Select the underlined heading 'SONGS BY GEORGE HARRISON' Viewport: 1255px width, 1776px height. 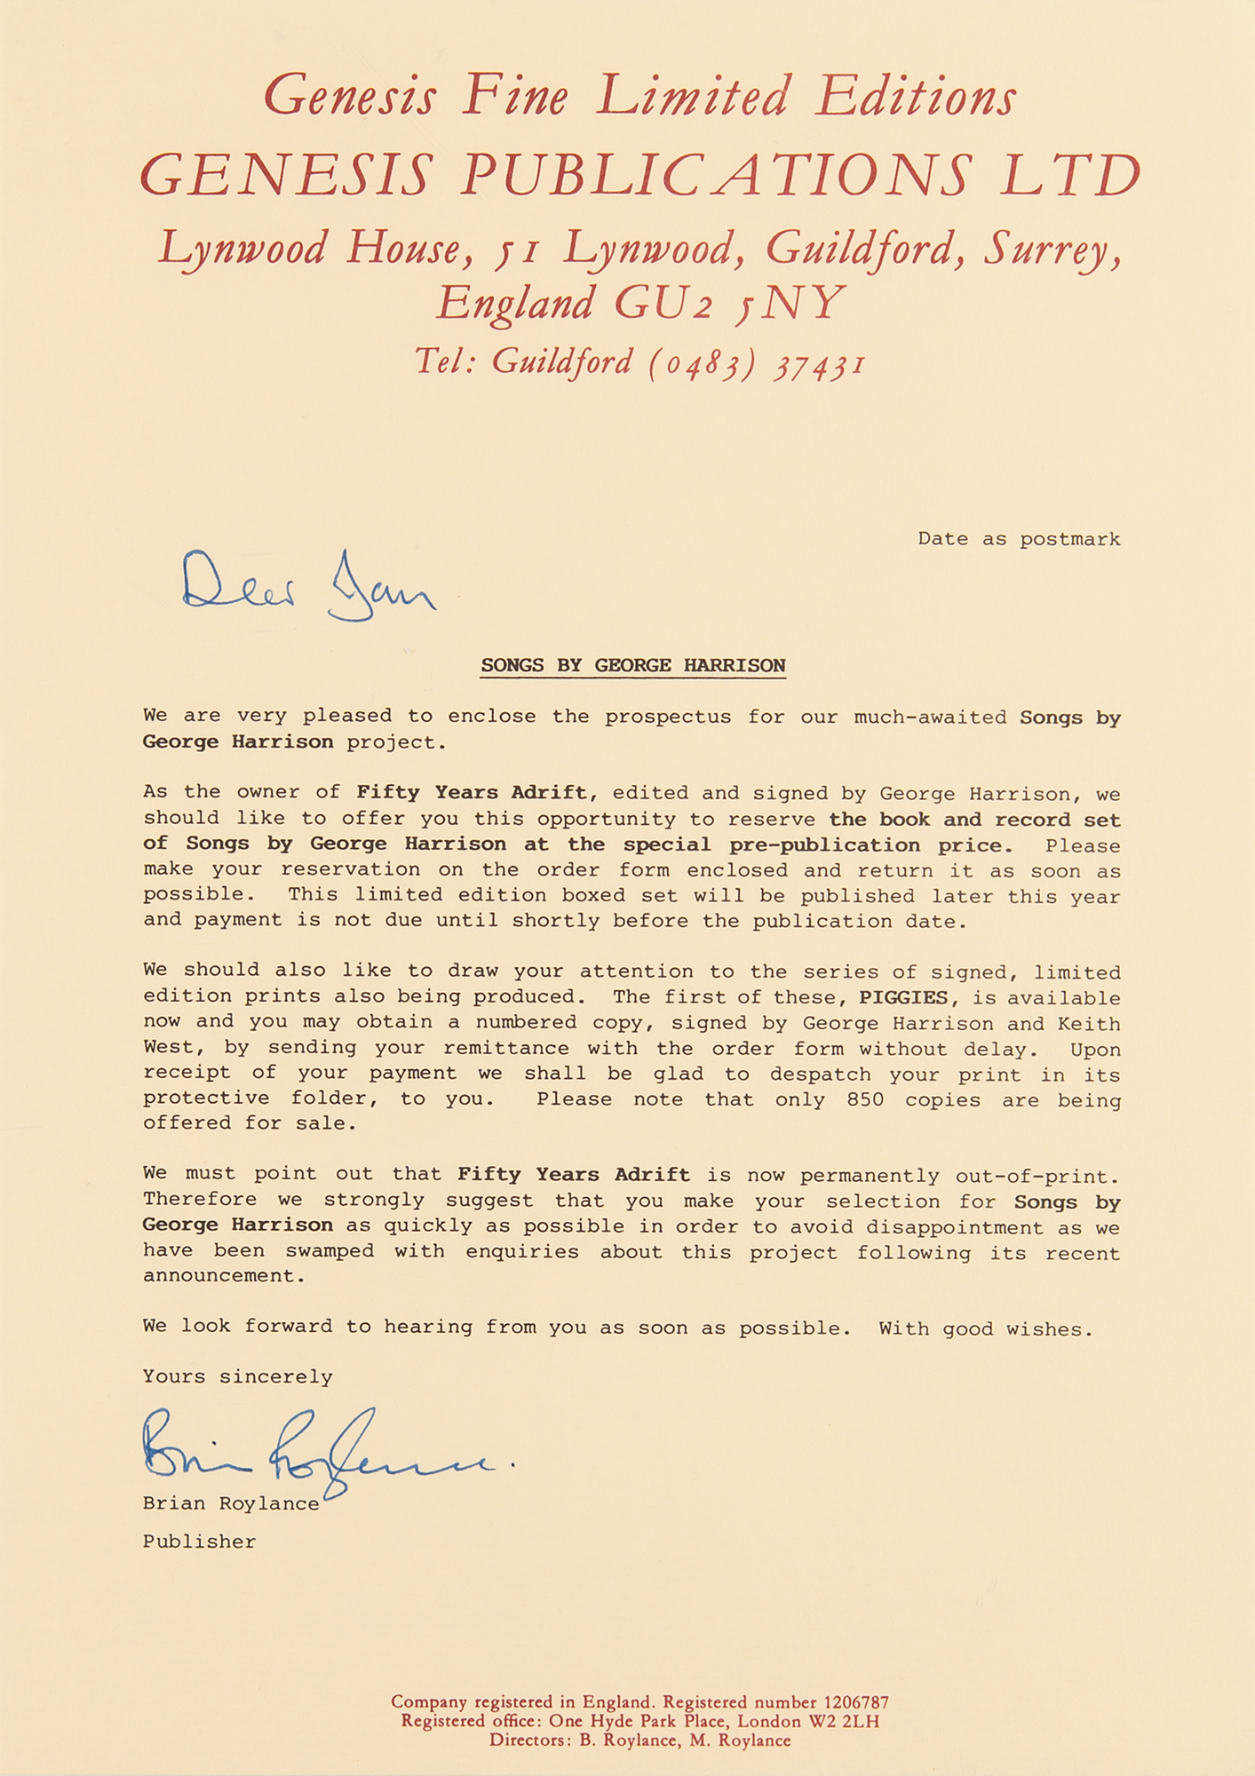632,666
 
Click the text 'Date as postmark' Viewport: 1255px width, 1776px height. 1019,539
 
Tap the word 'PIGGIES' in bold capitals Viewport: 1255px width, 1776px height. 903,997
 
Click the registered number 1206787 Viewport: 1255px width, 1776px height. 856,1702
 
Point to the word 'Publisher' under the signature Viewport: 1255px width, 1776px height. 199,1542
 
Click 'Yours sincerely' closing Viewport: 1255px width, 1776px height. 237,1376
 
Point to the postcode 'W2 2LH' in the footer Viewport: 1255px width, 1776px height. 843,1721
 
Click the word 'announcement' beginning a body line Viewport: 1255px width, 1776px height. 223,1276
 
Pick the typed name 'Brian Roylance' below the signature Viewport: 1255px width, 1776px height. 231,1503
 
